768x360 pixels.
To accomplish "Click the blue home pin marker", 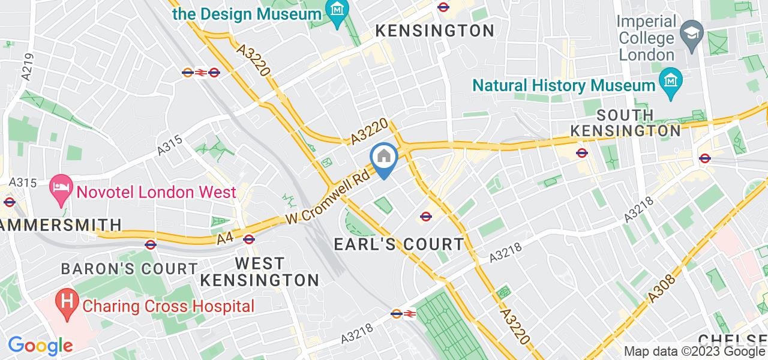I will click(x=383, y=159).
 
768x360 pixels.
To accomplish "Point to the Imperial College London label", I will click(x=647, y=38).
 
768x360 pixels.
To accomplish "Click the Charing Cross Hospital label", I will click(x=169, y=306).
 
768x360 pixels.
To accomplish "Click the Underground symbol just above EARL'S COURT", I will click(x=426, y=216).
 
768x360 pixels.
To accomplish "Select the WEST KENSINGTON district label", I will click(x=259, y=272).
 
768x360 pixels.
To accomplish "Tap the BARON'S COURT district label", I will click(x=129, y=268).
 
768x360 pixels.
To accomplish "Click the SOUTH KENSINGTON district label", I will click(x=625, y=122).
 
